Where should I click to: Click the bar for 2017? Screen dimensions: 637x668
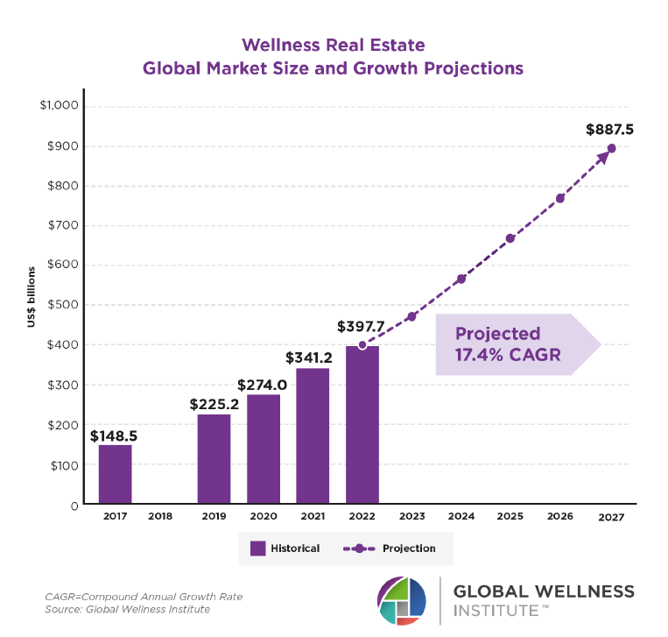115,474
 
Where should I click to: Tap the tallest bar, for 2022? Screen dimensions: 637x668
362,425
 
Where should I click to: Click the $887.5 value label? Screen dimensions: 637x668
609,130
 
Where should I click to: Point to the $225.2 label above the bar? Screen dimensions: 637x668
214,404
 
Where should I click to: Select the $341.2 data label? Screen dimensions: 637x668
313,357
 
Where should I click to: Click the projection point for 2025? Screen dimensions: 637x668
510,238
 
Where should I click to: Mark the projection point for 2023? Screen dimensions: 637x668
411,316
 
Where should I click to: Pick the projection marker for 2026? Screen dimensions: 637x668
560,198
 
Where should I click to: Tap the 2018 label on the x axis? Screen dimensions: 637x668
160,517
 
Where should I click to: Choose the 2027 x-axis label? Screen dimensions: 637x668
609,518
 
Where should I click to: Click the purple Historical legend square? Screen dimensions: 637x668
257,549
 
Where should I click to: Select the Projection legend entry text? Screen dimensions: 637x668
409,549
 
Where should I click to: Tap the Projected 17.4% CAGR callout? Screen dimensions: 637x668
508,344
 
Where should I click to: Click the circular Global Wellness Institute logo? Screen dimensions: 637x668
402,601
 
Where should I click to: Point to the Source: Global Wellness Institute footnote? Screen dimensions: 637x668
128,609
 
